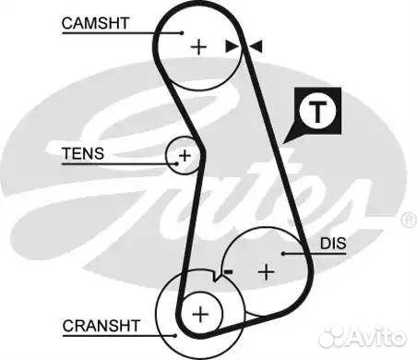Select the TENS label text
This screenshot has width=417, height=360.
tap(83, 153)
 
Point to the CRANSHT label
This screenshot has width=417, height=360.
tap(101, 326)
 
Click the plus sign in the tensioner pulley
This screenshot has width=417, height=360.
tap(184, 155)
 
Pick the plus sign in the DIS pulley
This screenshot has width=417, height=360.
tap(267, 271)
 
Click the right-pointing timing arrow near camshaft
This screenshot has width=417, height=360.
tap(231, 45)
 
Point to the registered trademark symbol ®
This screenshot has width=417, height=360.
tap(406, 221)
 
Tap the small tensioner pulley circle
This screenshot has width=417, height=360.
tap(184, 155)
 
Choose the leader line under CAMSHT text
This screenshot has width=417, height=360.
tap(111, 34)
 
